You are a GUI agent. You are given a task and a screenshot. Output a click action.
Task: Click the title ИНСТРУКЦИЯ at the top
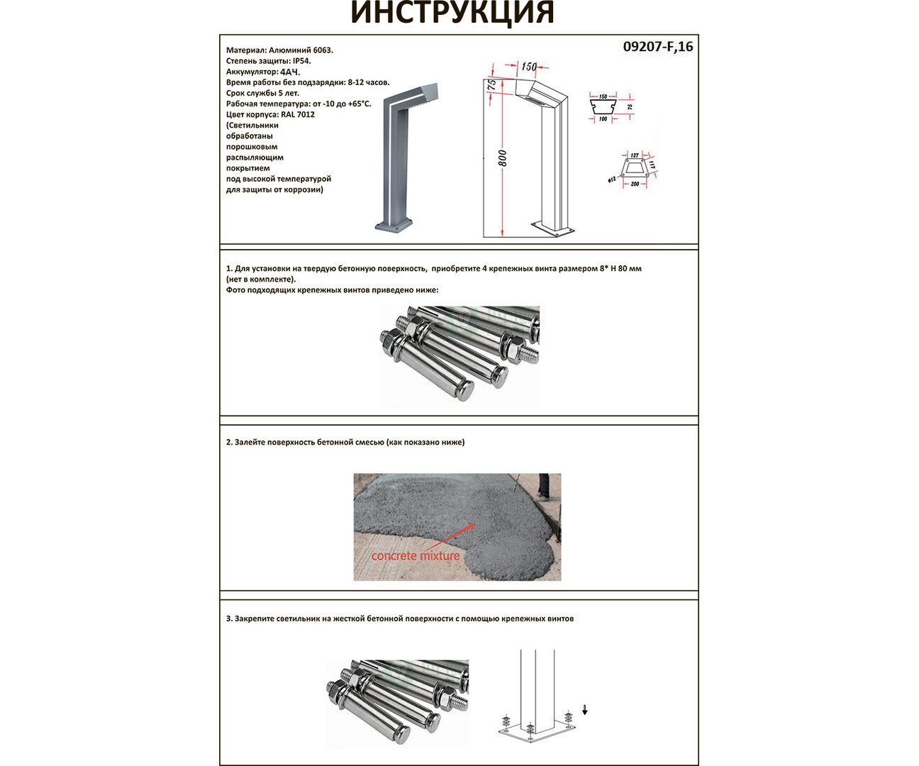(x=452, y=13)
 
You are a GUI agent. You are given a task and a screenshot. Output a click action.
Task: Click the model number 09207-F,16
(x=657, y=47)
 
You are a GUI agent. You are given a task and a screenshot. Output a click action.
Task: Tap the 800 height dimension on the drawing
(x=502, y=158)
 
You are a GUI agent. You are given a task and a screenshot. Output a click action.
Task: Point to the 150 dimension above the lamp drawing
(x=529, y=67)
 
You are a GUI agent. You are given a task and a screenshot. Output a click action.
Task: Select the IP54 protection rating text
(x=301, y=61)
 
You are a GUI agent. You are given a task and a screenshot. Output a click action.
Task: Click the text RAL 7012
(x=298, y=114)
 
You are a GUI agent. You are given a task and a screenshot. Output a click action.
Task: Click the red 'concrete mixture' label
(x=416, y=556)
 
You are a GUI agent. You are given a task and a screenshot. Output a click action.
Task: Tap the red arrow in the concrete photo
(x=454, y=535)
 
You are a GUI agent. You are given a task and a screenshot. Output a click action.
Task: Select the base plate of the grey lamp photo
(x=393, y=226)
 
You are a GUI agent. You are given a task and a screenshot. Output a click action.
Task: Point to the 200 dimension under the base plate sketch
(x=635, y=184)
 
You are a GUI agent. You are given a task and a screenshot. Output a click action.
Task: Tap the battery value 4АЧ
(x=290, y=72)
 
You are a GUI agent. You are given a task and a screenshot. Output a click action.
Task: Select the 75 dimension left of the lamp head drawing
(x=491, y=84)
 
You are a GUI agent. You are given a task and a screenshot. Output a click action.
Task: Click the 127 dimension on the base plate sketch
(x=634, y=155)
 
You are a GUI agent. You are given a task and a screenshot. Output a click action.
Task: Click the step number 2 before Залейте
(x=229, y=443)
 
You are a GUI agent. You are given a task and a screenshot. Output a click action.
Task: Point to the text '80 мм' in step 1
(x=630, y=269)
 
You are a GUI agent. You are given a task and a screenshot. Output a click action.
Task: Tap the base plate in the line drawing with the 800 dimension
(x=552, y=230)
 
